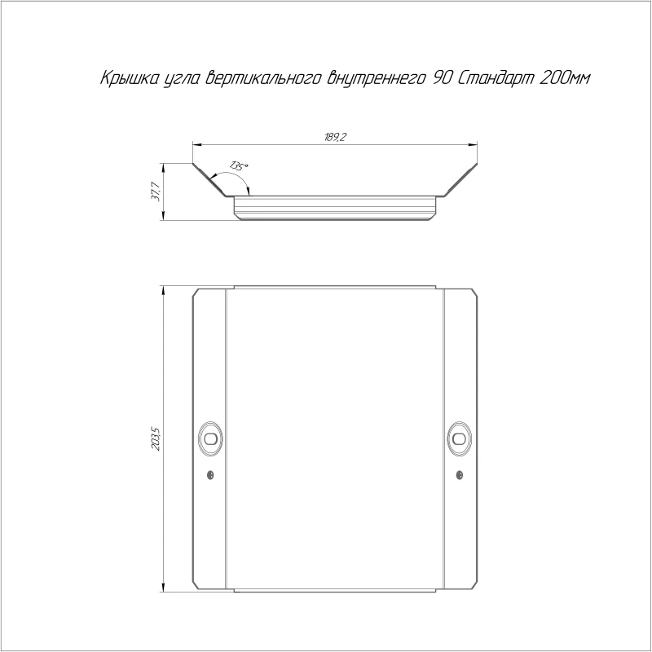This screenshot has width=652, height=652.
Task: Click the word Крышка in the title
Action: click(x=130, y=77)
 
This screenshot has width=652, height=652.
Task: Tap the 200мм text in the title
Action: click(x=564, y=77)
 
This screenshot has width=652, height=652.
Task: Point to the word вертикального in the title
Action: click(x=264, y=78)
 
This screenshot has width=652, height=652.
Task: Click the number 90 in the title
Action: click(x=442, y=77)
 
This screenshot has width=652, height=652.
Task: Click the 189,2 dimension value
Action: click(x=335, y=137)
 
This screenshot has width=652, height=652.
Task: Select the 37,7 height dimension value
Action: click(x=155, y=192)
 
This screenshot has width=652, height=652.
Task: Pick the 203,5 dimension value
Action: click(x=156, y=439)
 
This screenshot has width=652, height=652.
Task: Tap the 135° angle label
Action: click(x=239, y=166)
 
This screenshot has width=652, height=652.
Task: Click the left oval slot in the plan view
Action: click(x=211, y=438)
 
